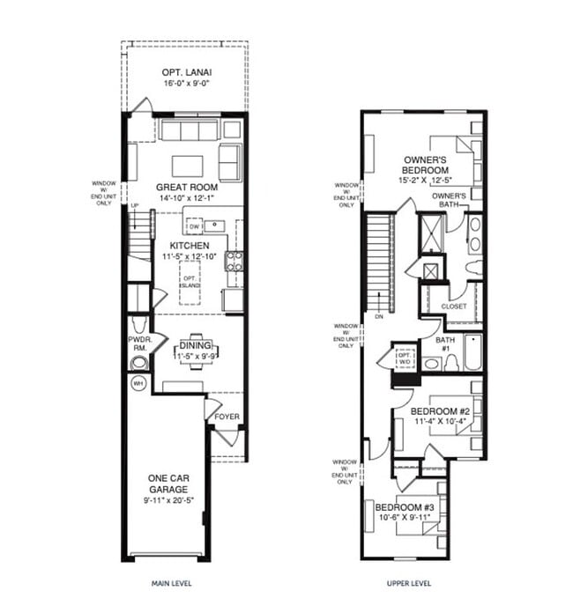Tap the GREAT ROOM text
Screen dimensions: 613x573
186,188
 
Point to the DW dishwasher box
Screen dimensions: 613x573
195,226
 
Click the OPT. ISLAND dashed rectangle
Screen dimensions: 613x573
190,282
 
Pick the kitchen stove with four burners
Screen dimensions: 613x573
234,260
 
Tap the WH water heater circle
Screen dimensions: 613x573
138,384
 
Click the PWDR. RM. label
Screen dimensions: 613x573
139,344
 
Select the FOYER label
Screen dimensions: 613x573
227,417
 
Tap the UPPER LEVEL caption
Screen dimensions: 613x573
409,583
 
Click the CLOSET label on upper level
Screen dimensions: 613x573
454,306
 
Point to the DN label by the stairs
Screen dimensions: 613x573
377,315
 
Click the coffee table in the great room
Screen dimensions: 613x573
187,166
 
